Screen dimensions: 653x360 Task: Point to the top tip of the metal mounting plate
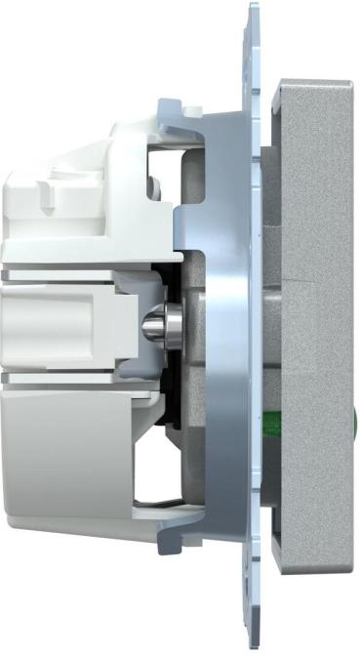coord(252,8)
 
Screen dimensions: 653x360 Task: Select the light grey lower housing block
coord(59,439)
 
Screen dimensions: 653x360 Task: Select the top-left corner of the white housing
coord(5,176)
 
